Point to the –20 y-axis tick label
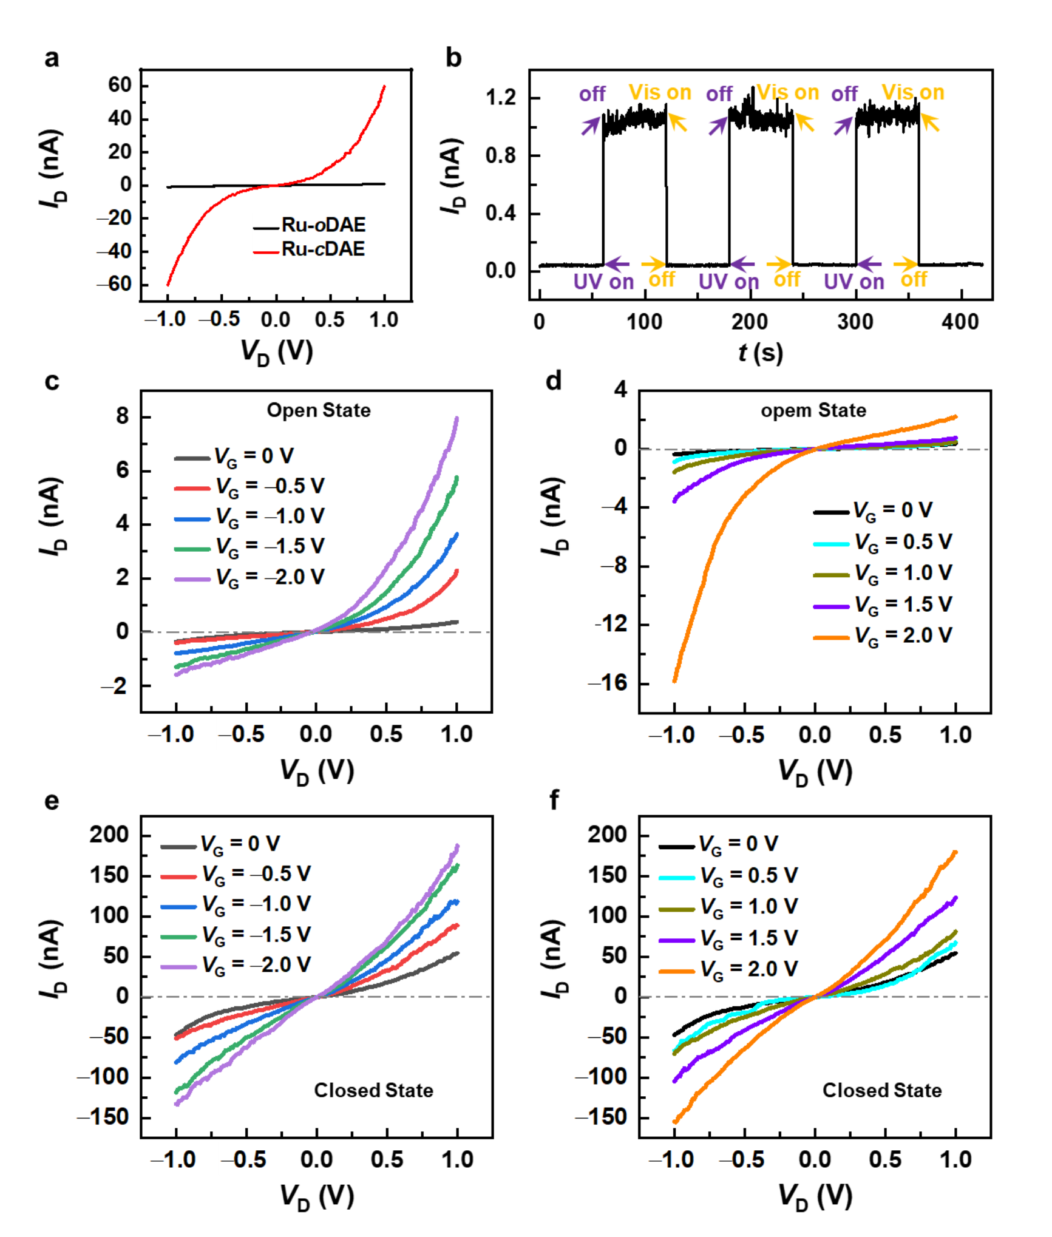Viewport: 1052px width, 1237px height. click(115, 217)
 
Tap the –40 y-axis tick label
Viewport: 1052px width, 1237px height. click(115, 251)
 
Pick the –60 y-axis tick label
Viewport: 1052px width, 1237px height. click(115, 283)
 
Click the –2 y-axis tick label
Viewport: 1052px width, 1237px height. click(114, 686)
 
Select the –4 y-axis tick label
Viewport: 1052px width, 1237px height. click(614, 506)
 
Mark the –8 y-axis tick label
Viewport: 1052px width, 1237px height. click(614, 565)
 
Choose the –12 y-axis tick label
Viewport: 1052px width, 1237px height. click(609, 623)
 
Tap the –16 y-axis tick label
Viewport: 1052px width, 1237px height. click(608, 682)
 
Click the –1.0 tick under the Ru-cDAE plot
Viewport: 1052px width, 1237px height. click(166, 318)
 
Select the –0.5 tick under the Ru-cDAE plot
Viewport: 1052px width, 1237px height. click(220, 318)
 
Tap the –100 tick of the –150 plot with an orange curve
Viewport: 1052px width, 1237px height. click(602, 1076)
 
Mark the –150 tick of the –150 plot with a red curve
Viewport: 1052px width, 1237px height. click(103, 1116)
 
